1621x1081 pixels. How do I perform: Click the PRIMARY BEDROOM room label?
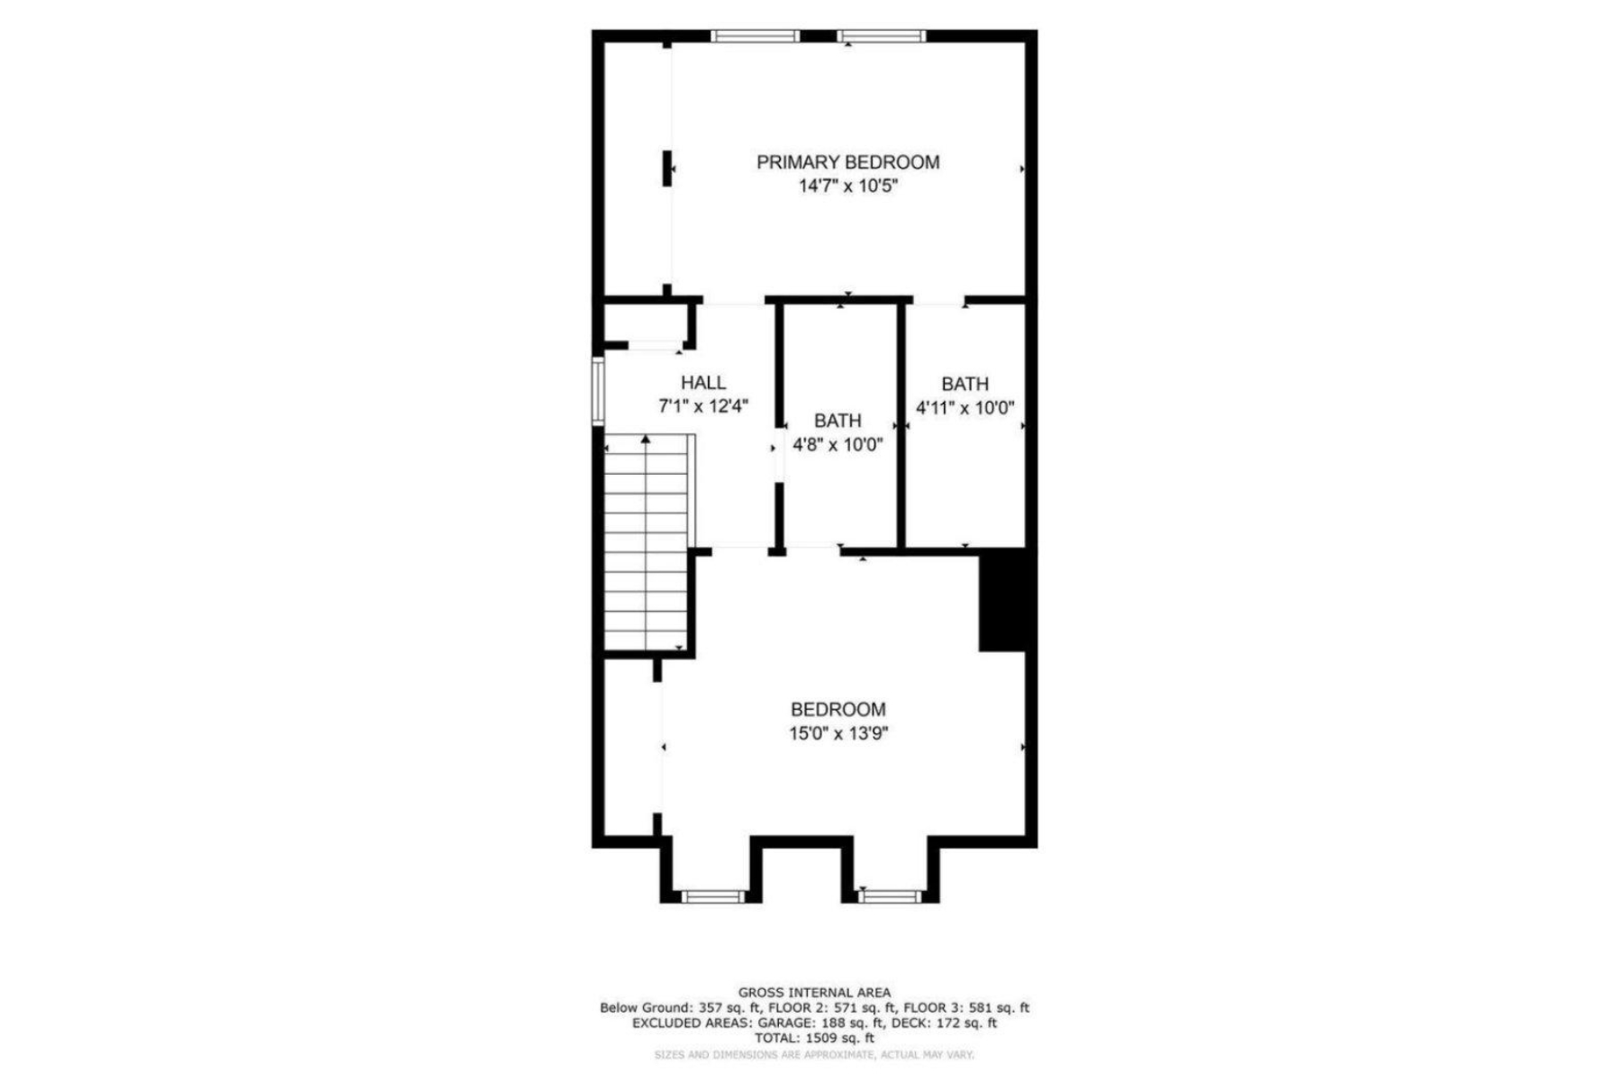tap(847, 162)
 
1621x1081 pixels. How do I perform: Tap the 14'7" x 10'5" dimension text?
tap(848, 186)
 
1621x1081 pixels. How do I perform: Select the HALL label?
tap(703, 383)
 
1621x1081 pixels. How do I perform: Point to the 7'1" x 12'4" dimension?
tap(703, 406)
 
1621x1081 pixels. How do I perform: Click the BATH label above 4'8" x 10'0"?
tap(838, 421)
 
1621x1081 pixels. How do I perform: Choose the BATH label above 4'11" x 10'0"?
tap(964, 384)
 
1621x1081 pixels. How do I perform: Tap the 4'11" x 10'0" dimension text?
tap(964, 408)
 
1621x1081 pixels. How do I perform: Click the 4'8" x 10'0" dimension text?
tap(838, 445)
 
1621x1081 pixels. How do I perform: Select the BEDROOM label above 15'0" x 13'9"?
tap(838, 710)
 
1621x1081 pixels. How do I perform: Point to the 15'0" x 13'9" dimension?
tap(838, 734)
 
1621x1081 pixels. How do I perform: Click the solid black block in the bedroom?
tap(1002, 600)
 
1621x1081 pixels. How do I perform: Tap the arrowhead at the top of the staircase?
tap(646, 439)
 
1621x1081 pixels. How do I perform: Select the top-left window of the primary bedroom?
tap(755, 36)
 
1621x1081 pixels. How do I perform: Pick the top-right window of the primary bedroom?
tap(881, 36)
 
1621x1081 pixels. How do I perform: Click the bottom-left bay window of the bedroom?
tap(712, 896)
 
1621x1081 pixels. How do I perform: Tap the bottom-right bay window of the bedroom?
tap(889, 896)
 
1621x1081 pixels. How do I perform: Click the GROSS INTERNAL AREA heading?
tap(814, 993)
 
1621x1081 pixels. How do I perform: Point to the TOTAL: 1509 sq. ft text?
tap(814, 1038)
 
